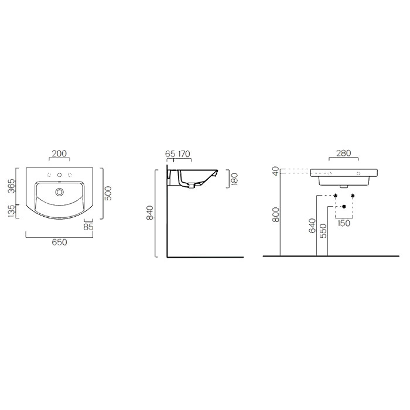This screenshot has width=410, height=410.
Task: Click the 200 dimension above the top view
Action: (x=59, y=153)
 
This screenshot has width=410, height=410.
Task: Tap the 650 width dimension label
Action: (x=59, y=242)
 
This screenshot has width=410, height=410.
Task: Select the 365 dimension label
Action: (x=12, y=186)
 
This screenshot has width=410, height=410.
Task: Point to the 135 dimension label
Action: (x=12, y=211)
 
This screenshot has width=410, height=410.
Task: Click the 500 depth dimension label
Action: (x=108, y=193)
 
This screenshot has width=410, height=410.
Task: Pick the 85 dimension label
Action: (x=88, y=227)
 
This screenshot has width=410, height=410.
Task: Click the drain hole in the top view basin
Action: (x=60, y=192)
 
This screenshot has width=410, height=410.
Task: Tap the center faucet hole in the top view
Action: (x=59, y=175)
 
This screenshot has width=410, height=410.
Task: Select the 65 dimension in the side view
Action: (x=170, y=154)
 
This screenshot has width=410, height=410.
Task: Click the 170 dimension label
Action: (x=184, y=154)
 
